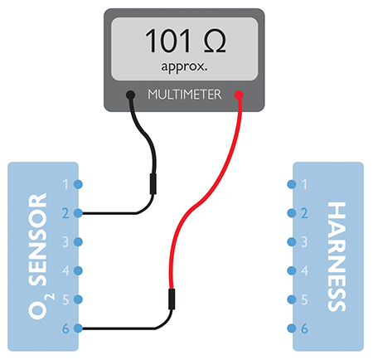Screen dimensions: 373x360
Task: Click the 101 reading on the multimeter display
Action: point(167,41)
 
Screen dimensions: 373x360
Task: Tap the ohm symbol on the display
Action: point(215,41)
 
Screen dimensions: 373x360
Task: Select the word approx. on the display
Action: point(184,67)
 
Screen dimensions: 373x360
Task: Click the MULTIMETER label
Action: point(185,95)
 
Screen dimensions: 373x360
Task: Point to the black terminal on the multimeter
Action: point(130,95)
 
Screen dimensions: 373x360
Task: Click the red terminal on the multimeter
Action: point(239,95)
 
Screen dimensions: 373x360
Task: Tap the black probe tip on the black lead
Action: point(153,184)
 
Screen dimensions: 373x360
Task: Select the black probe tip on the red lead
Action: point(172,299)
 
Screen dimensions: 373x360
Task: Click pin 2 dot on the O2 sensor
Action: point(78,213)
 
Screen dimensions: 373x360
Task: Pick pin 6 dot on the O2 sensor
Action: point(78,328)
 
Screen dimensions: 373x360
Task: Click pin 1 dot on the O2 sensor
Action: point(78,184)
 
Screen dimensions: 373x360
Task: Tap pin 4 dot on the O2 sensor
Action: point(78,270)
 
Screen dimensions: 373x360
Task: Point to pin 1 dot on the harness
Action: point(292,184)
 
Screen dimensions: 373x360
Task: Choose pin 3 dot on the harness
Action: point(292,242)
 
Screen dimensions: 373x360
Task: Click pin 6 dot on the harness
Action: point(292,328)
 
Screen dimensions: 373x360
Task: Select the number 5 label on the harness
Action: point(304,299)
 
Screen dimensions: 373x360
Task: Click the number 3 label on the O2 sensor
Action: point(65,242)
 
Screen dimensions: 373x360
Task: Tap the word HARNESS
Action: point(337,256)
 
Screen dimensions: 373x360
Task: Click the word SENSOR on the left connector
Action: point(38,240)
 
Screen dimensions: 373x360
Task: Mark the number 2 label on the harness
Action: point(304,213)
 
